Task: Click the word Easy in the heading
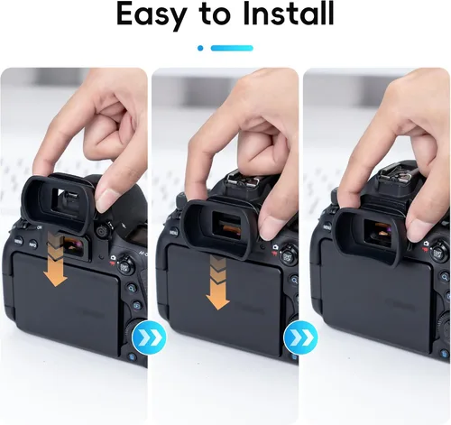pos(151,15)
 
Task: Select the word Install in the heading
pos(289,14)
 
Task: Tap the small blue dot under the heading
pos(200,48)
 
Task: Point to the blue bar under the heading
pos(232,48)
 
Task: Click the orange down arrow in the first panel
pos(55,259)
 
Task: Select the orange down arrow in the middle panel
pos(218,282)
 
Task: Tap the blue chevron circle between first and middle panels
pos(149,337)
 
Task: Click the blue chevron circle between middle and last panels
pos(300,337)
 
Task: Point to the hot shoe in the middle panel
pos(242,180)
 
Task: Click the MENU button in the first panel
pos(19,241)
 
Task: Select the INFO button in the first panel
pos(33,244)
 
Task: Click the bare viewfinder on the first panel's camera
pos(74,246)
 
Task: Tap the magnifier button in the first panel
pos(132,288)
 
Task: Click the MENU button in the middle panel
pos(174,232)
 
